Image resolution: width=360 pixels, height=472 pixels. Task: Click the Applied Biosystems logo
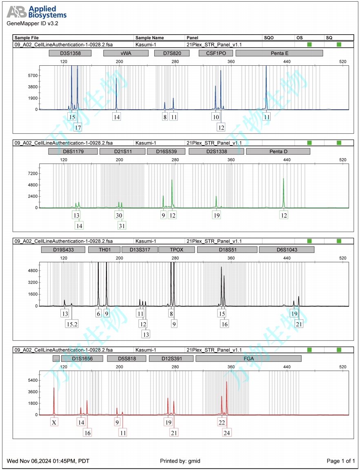(x=37, y=12)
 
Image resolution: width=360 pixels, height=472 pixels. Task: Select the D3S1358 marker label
(x=70, y=53)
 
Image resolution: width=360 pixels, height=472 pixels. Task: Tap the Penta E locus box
(x=279, y=53)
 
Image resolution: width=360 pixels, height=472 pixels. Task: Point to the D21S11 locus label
(x=122, y=151)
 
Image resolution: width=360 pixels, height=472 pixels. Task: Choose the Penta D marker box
(x=278, y=151)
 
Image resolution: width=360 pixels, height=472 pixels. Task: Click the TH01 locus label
(x=104, y=250)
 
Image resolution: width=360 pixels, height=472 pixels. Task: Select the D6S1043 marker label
(x=287, y=250)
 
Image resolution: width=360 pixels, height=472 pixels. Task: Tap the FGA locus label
(x=248, y=359)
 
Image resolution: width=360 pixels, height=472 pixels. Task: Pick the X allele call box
(x=54, y=423)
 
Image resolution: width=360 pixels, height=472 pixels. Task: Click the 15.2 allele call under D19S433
(x=72, y=324)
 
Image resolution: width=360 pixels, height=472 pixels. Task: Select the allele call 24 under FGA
(x=227, y=432)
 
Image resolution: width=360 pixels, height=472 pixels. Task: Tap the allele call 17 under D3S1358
(x=78, y=128)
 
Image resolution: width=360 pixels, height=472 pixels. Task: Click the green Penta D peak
(x=283, y=192)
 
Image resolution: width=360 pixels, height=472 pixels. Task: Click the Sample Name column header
(x=149, y=38)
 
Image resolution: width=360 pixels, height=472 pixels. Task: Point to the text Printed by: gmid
(x=180, y=461)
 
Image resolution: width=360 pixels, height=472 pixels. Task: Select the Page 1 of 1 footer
(x=341, y=461)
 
